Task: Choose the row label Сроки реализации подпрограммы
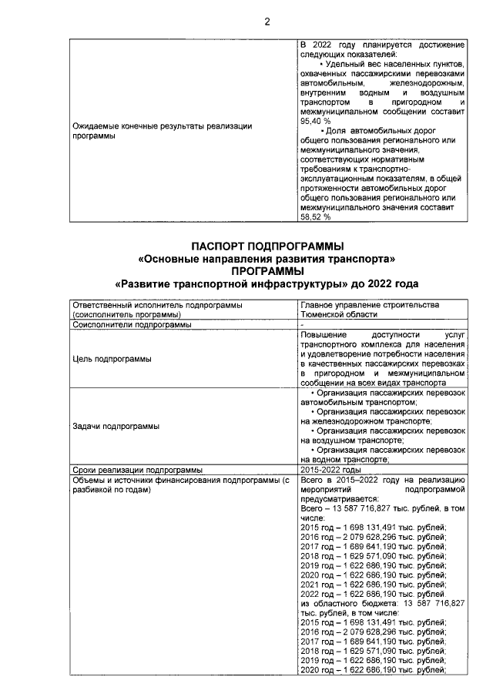tap(136, 469)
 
